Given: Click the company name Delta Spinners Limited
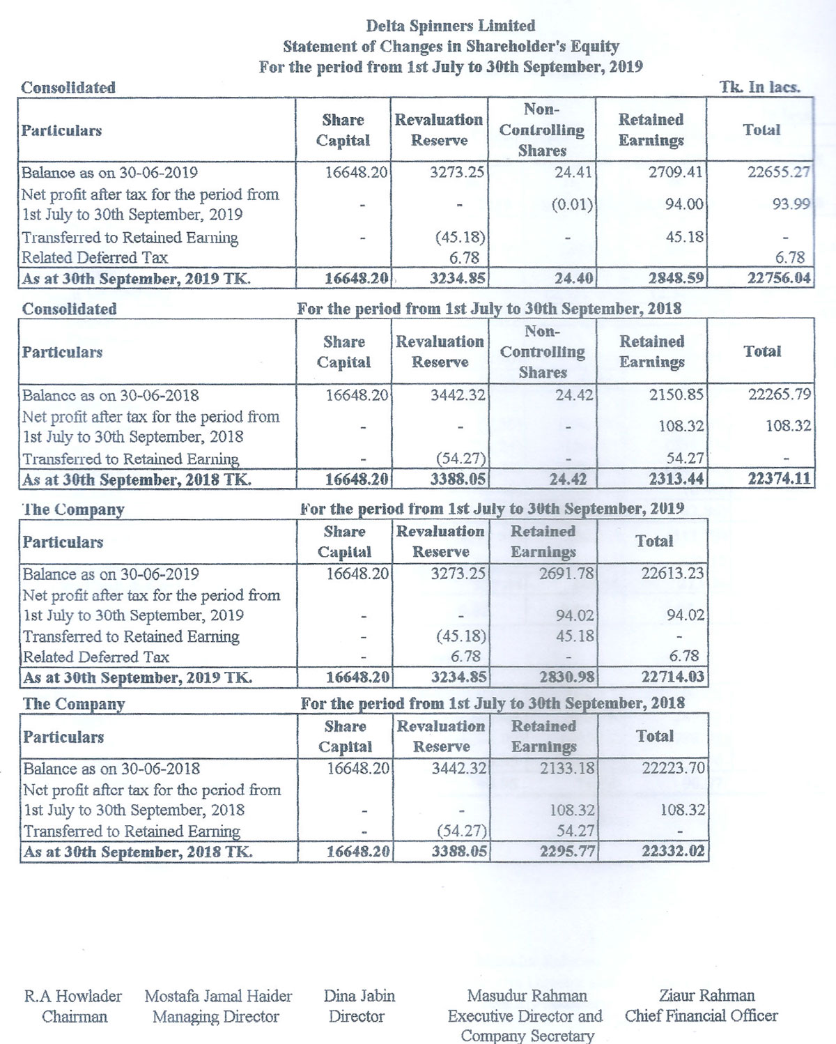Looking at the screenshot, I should (451, 26).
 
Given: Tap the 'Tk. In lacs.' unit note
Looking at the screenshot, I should (759, 87).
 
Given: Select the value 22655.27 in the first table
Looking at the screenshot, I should (779, 172).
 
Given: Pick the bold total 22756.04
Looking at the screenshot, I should (779, 278).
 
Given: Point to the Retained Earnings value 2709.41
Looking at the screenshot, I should (675, 172).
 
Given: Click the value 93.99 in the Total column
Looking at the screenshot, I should (791, 204).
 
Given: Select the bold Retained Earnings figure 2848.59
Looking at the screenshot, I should (675, 278).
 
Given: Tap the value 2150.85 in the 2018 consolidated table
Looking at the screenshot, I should (676, 394).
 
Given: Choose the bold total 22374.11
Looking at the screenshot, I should (779, 479).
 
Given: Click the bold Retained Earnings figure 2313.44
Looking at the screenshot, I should (676, 479).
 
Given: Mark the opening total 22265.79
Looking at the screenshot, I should (779, 394).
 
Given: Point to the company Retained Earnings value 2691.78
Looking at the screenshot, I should (566, 574).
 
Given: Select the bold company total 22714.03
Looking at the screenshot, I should (672, 677).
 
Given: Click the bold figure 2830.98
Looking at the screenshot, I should (566, 677).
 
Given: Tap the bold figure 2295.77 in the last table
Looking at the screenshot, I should (567, 851).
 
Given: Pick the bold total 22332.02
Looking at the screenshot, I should (673, 851).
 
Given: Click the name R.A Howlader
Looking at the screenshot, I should (73, 996).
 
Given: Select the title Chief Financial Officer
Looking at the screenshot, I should (701, 1016).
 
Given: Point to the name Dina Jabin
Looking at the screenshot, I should (359, 996).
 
